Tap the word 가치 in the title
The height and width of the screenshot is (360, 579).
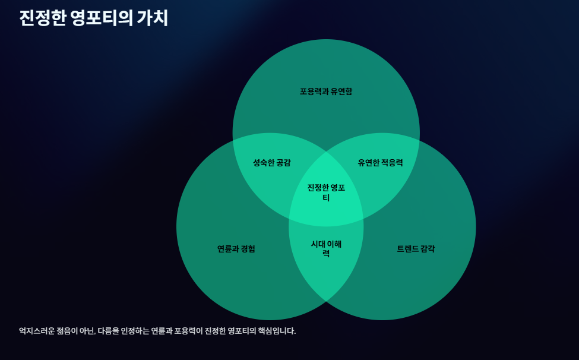tap(153, 18)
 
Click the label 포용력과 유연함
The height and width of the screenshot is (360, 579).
tap(326, 91)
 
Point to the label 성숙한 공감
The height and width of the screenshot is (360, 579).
tap(272, 163)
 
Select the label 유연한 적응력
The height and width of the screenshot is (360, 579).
tap(381, 163)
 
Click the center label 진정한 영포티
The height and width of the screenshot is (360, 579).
tap(326, 193)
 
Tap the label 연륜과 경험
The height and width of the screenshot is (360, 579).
tap(236, 249)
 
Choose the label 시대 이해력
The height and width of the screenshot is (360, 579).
tap(326, 248)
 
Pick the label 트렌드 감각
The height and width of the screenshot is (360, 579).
tap(416, 249)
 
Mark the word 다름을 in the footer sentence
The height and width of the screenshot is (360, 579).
tap(104, 331)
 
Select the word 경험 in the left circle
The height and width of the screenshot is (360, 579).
tap(248, 249)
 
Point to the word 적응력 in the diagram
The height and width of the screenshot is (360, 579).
tap(392, 163)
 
